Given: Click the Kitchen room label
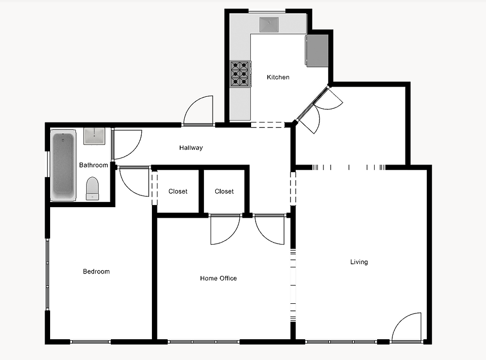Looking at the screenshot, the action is click(278, 77).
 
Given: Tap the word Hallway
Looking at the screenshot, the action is click(191, 148).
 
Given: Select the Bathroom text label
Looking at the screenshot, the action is click(93, 165).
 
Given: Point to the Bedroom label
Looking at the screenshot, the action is click(96, 271).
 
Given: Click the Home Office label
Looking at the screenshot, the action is click(218, 278).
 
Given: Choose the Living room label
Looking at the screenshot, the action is click(359, 262).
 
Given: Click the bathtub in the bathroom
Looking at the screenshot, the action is click(64, 165).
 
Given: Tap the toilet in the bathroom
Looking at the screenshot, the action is click(92, 188).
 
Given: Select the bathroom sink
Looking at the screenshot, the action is click(94, 136).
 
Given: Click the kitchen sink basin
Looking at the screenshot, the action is click(269, 24).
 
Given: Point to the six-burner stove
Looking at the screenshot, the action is click(240, 74).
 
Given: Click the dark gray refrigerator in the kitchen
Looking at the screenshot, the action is click(317, 51).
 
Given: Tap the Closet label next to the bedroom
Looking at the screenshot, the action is click(178, 191).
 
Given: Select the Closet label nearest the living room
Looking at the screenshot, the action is click(224, 191).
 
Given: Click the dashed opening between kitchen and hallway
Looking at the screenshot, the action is click(267, 125).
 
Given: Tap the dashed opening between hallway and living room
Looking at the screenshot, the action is click(293, 188).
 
